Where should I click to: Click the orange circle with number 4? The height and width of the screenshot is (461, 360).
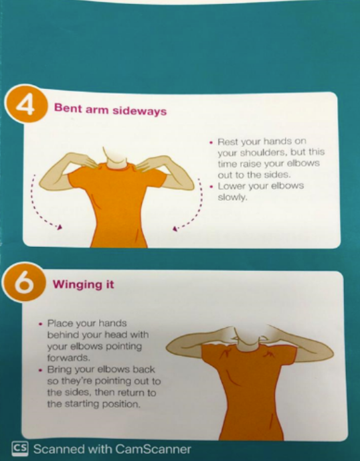pos(26,104)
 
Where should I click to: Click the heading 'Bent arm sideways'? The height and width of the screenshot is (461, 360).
pos(110,110)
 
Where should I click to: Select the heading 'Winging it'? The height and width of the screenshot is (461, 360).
pos(83,284)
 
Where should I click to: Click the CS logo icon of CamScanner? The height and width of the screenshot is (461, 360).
pos(20,449)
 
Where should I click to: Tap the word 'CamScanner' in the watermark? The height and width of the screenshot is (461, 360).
pos(153,449)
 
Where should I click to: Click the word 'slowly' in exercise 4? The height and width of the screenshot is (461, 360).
pos(232,197)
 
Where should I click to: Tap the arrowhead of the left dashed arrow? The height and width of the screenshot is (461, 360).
pos(60,227)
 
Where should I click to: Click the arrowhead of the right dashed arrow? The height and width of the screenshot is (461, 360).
pos(175,228)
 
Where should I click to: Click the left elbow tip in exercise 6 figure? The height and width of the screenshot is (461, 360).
pos(168,347)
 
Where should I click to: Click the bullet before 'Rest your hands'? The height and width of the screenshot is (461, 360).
pos(211,143)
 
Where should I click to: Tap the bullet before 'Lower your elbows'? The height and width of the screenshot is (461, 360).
pos(211,187)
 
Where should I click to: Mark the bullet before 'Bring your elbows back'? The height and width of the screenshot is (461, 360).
pos(41,370)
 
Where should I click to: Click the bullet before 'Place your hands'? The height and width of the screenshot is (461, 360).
pos(41,324)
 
